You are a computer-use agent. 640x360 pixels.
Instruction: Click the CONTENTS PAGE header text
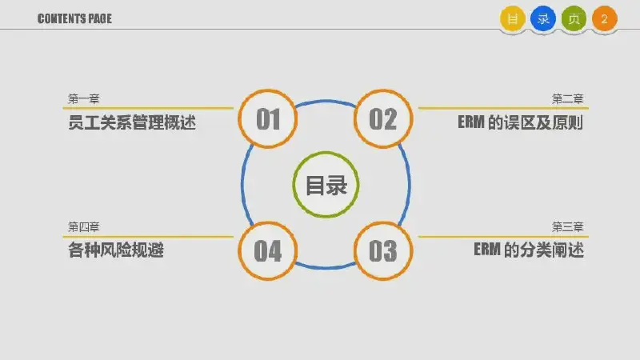pyautogui.click(x=74, y=18)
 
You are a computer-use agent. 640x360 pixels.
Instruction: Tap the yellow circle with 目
pyautogui.click(x=512, y=18)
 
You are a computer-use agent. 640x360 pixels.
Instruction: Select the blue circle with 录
pyautogui.click(x=543, y=18)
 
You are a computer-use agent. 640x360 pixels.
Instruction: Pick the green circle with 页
pyautogui.click(x=574, y=18)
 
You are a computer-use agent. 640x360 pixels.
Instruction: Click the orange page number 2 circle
pyautogui.click(x=605, y=18)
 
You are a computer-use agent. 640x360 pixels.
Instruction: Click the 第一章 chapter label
pyautogui.click(x=84, y=98)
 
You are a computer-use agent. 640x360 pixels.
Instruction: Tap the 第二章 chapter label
pyautogui.click(x=567, y=98)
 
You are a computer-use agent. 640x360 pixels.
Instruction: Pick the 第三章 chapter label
pyautogui.click(x=567, y=227)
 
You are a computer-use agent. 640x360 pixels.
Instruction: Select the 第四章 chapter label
pyautogui.click(x=84, y=227)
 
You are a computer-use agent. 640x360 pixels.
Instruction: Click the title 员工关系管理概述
pyautogui.click(x=132, y=122)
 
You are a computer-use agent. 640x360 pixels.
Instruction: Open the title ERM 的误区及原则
pyautogui.click(x=521, y=122)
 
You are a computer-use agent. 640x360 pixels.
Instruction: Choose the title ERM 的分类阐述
pyautogui.click(x=529, y=250)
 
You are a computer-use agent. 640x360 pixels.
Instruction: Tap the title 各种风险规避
pyautogui.click(x=116, y=250)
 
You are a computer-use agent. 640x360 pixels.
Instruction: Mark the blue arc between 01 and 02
pyautogui.click(x=326, y=101)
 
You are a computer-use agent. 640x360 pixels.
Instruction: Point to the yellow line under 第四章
pyautogui.click(x=148, y=236)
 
